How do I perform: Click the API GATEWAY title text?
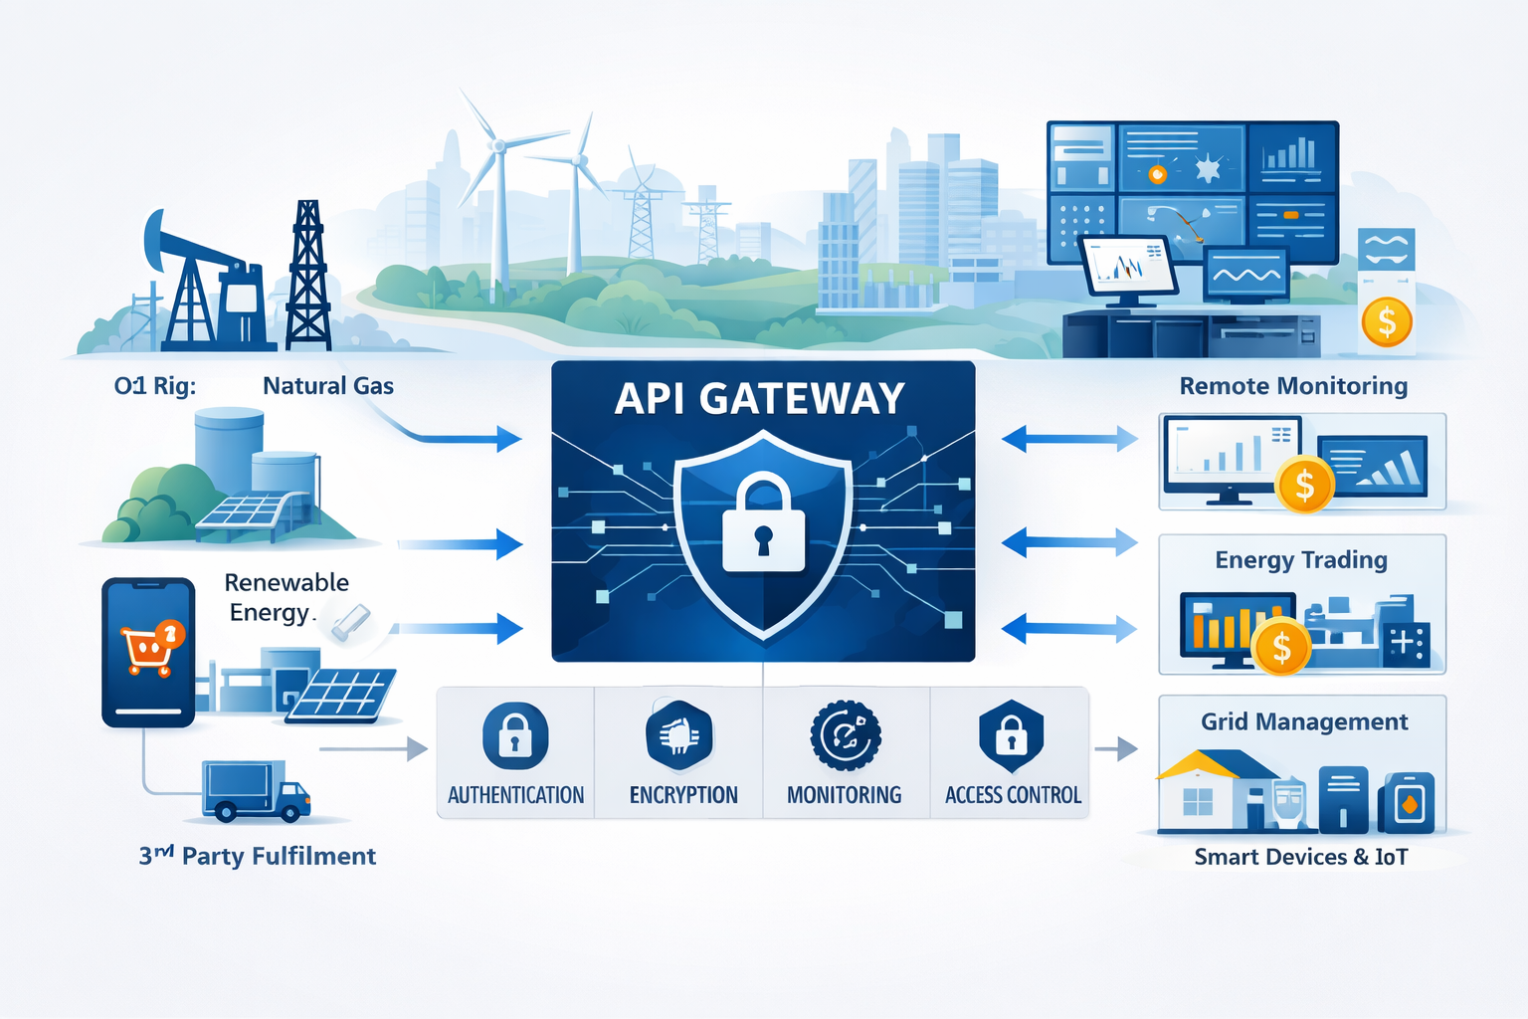coord(760,399)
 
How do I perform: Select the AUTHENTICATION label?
coord(515,795)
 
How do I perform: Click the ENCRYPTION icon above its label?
coord(679,736)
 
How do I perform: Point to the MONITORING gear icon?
coord(846,736)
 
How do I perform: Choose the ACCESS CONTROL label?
coord(1013,795)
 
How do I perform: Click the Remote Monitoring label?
coord(1293,386)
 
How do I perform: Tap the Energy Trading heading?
coord(1301,560)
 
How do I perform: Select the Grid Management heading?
coord(1304,721)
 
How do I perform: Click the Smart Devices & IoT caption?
coord(1301,857)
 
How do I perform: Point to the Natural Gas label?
coord(328,386)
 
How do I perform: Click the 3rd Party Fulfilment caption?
coord(258,856)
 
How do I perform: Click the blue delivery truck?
coord(256,791)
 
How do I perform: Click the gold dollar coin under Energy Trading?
coord(1281,647)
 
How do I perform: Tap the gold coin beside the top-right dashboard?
coord(1387,321)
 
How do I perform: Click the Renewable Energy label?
coord(286,597)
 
